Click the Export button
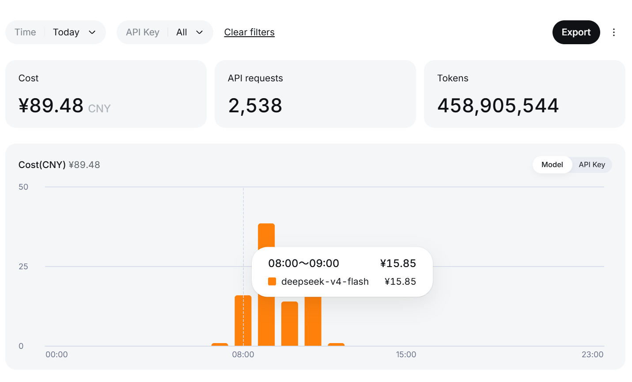576,32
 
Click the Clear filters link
249,32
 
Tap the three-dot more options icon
613,32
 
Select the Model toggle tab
552,165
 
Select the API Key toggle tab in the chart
592,165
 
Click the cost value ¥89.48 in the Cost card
51,106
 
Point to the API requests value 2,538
255,106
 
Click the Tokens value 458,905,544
498,106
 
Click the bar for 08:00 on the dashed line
243,321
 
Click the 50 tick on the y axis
23,187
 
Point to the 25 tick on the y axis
23,267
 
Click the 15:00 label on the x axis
406,355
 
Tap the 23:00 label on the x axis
593,355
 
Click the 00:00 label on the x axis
57,355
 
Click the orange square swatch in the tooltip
272,281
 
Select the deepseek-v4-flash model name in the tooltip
325,281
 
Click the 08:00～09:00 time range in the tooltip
303,264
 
